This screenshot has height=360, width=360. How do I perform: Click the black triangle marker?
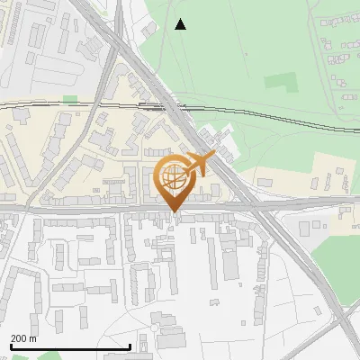[x=181, y=24]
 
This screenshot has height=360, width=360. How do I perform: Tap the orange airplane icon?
[x=200, y=165]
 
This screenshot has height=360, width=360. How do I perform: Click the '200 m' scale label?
[x=23, y=338]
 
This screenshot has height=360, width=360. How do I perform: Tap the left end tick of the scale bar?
[x=10, y=346]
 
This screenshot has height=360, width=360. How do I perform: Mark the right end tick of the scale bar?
[x=130, y=346]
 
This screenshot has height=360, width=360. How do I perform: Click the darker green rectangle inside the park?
[x=280, y=80]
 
